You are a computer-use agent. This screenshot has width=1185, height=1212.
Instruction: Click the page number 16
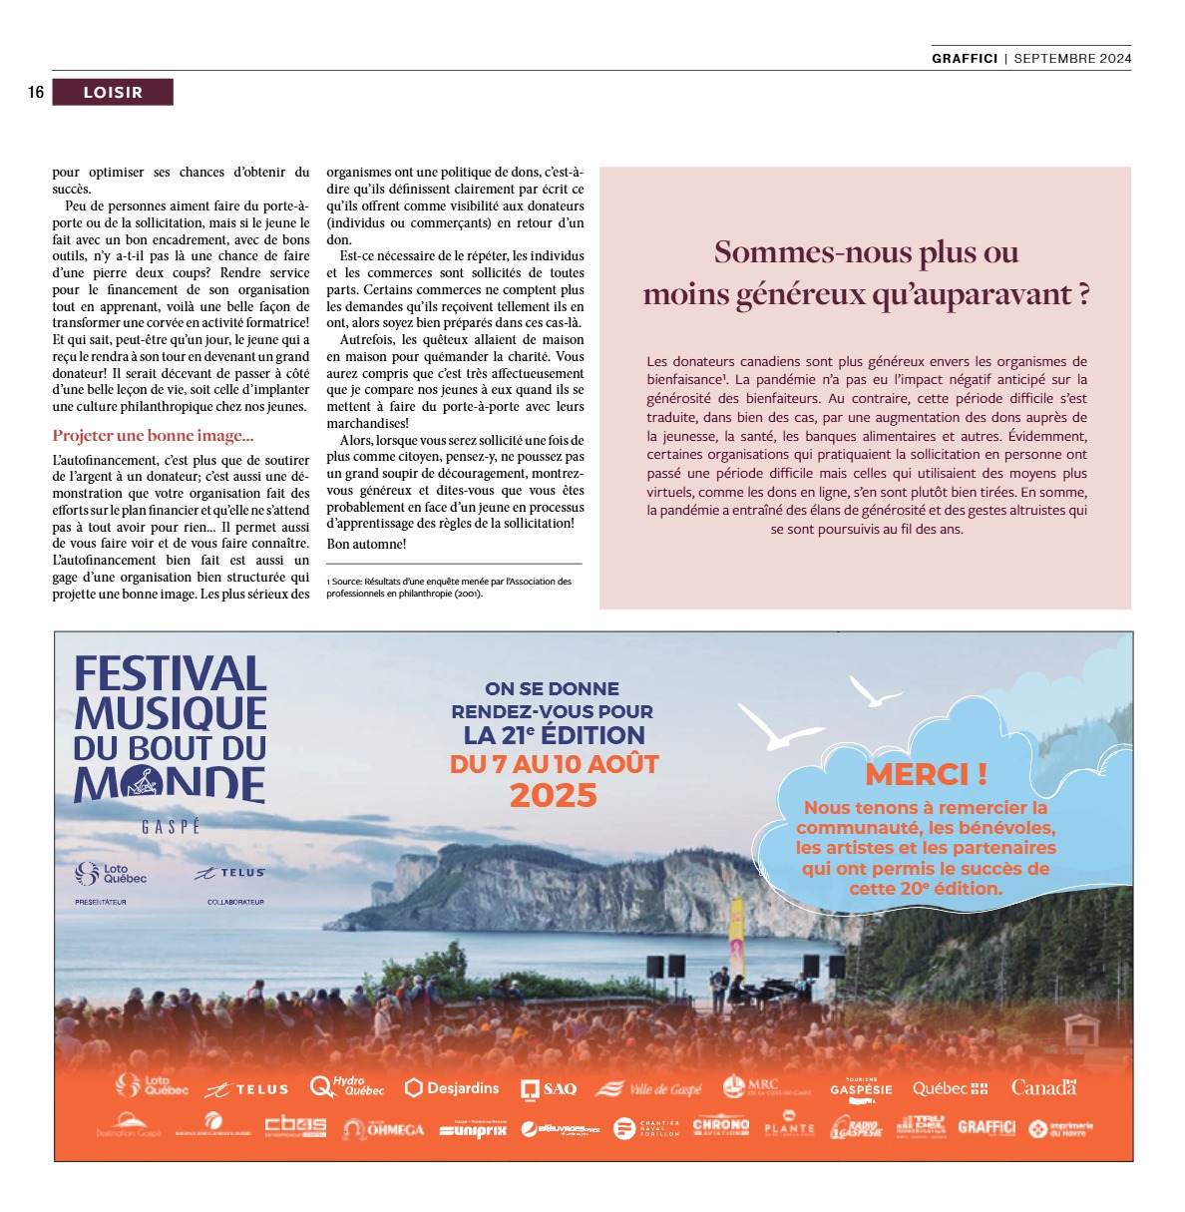(36, 93)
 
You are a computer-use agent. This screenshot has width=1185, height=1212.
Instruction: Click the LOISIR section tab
(113, 93)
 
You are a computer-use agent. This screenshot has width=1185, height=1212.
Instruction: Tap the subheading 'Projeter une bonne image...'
(153, 436)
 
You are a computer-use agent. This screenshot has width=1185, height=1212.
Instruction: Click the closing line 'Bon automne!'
(366, 544)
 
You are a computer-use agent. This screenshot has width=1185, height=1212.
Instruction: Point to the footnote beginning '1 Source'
(449, 588)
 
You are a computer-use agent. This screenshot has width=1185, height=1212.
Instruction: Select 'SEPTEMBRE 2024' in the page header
(1072, 58)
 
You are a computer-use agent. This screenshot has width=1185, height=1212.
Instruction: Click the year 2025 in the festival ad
(553, 796)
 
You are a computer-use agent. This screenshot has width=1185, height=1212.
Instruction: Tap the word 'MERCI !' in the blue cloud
(926, 774)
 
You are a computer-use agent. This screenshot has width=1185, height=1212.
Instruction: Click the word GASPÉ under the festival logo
(171, 827)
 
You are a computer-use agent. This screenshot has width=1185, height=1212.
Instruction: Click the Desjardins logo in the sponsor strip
(452, 1087)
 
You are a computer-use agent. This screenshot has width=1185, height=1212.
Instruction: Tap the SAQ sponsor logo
(549, 1088)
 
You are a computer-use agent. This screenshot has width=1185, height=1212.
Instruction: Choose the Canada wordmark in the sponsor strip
(1043, 1087)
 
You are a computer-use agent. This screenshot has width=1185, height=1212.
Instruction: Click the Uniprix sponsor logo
(474, 1129)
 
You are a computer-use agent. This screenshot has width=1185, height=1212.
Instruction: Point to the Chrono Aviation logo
(720, 1126)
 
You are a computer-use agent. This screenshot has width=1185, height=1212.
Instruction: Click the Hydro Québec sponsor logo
(347, 1086)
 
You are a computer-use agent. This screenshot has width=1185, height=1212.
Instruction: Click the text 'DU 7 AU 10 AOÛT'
(555, 764)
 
